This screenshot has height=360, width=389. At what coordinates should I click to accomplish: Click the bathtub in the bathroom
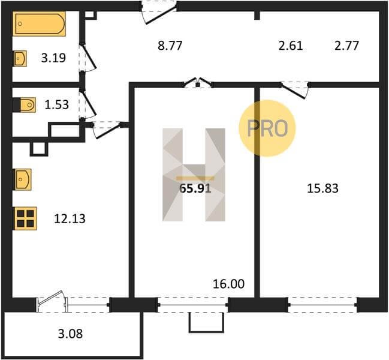[x=39, y=23]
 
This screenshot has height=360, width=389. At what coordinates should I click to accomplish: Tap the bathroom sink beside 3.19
[x=20, y=59]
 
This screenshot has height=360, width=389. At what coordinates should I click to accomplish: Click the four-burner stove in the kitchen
[x=25, y=218]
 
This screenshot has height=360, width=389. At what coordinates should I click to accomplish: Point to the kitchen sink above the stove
[x=23, y=179]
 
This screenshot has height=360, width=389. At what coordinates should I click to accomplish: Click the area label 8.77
[x=170, y=46]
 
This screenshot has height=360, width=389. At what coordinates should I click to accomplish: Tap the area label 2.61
[x=291, y=46]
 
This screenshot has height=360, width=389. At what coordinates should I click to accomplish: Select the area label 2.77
[x=346, y=46]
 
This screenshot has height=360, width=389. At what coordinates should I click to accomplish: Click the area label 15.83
[x=322, y=188]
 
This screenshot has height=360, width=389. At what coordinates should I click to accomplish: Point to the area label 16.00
[x=228, y=284]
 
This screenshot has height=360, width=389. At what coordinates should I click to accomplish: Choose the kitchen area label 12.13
[x=70, y=219]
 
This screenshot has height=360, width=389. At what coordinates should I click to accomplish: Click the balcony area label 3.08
[x=70, y=334]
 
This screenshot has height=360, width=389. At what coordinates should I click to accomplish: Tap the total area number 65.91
[x=195, y=188]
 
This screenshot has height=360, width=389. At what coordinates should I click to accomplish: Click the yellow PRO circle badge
[x=267, y=128]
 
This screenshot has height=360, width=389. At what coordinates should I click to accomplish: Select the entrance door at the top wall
[x=159, y=13]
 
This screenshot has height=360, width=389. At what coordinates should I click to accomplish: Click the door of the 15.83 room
[x=294, y=89]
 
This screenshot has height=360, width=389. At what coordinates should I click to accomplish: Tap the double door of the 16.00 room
[x=198, y=83]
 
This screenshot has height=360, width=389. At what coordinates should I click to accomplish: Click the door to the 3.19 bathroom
[x=87, y=58]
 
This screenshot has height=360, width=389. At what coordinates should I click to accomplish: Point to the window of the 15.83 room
[x=322, y=305]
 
